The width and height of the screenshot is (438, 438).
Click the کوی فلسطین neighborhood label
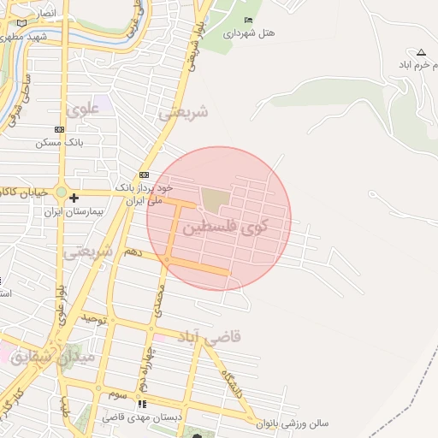(225, 227)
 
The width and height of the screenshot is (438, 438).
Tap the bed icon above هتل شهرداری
(248, 20)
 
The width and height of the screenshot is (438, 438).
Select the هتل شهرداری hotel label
(250, 34)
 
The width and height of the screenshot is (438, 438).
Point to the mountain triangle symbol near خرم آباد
(420, 52)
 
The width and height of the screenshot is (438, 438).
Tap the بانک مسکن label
(58, 143)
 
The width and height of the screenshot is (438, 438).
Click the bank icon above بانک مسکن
(58, 129)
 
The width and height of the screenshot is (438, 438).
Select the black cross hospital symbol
(74, 198)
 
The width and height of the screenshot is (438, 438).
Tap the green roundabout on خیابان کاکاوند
(61, 192)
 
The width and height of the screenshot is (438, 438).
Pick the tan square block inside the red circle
(215, 200)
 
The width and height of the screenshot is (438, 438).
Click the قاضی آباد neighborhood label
(210, 336)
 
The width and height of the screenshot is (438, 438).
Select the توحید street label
(92, 319)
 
